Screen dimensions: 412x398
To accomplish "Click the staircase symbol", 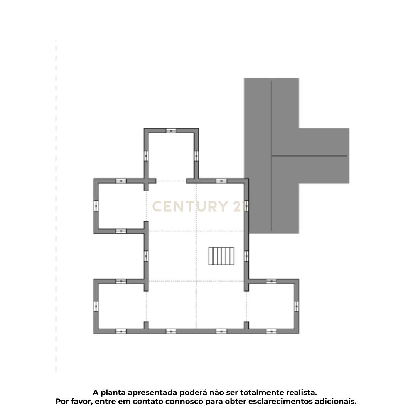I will [x=222, y=256].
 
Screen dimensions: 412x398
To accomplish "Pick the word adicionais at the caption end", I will [x=336, y=402].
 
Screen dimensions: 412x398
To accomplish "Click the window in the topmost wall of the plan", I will [x=171, y=131].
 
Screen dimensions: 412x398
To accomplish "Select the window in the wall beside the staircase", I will [x=246, y=256].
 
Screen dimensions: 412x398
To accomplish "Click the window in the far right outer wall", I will [x=297, y=306].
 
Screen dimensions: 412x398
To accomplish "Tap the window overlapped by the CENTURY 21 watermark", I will [x=246, y=206].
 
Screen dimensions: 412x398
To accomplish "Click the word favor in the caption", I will [x=79, y=402].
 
